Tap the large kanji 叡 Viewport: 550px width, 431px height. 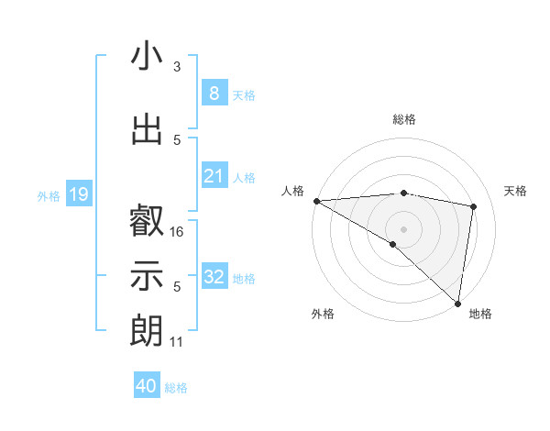[147, 221]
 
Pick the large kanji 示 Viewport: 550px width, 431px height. [147, 275]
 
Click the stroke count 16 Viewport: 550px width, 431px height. [178, 232]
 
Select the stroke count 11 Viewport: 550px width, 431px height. [177, 342]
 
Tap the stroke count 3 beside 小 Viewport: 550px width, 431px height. [177, 67]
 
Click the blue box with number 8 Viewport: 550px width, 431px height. [214, 94]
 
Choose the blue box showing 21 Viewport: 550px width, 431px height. [214, 176]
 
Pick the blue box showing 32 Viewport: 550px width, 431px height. [214, 277]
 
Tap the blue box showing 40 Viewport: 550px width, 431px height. [147, 386]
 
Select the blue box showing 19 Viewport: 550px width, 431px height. [78, 194]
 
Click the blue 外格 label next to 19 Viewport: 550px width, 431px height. [49, 195]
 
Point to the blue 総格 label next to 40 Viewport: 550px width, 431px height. [176, 388]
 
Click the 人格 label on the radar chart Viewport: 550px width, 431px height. [293, 191]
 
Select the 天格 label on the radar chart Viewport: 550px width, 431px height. [515, 191]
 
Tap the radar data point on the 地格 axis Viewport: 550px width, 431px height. [457, 303]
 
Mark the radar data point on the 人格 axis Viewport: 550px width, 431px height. [316, 200]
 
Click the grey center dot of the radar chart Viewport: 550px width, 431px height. [403, 227]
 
